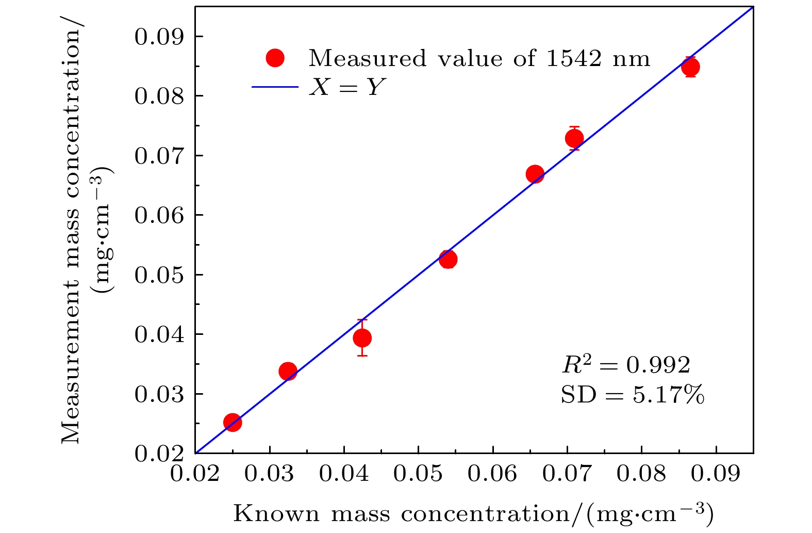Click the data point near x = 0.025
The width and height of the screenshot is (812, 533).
(x=233, y=422)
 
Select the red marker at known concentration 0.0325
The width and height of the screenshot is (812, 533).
(x=288, y=371)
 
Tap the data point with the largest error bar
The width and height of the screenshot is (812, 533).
(x=362, y=338)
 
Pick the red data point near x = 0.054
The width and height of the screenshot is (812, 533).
(x=448, y=259)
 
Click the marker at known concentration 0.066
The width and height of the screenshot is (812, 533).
(x=535, y=174)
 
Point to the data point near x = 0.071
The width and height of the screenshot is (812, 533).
(x=574, y=138)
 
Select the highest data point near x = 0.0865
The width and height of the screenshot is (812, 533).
(x=690, y=67)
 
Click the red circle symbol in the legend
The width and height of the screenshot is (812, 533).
(x=275, y=58)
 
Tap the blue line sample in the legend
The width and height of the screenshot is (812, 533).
(x=275, y=87)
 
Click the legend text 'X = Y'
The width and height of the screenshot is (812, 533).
(x=347, y=87)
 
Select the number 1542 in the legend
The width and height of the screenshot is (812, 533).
(x=573, y=58)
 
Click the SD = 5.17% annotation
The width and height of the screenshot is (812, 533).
(x=632, y=395)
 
